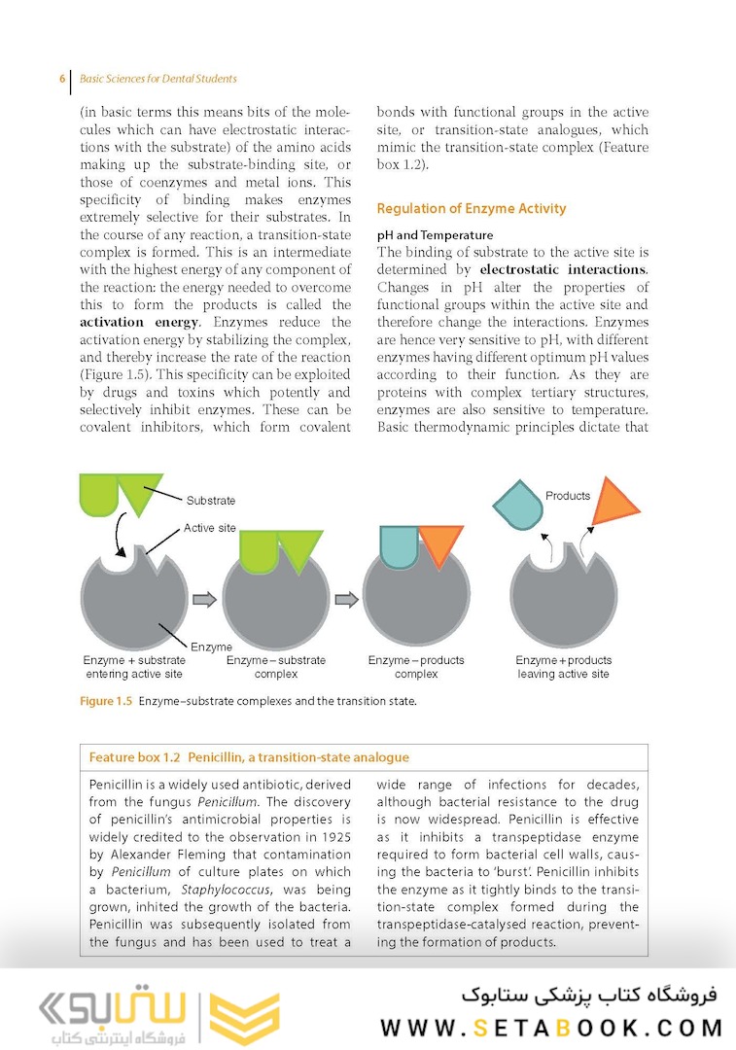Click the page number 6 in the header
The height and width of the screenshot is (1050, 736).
point(62,79)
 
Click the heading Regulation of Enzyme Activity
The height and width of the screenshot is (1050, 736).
point(471,209)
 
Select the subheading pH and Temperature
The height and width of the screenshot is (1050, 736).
point(435,235)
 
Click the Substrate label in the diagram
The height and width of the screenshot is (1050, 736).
point(210,501)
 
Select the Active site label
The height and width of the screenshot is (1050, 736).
point(209,529)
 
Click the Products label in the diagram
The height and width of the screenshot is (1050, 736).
point(568,496)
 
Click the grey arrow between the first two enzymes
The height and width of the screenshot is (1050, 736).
point(204,600)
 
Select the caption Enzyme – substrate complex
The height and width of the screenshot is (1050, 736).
point(276,667)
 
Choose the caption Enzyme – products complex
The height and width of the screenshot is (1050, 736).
point(416,667)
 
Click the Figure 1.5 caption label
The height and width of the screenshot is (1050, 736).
point(105,703)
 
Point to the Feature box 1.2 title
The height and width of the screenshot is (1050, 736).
point(248,757)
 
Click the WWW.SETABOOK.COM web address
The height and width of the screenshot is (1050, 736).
point(551,1028)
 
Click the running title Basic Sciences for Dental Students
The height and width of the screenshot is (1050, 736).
point(158,79)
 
